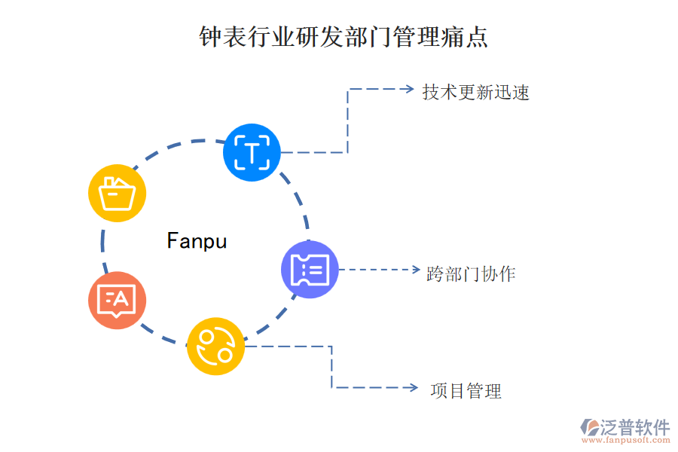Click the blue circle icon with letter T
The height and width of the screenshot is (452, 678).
[252, 152]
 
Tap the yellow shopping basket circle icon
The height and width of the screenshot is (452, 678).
[117, 193]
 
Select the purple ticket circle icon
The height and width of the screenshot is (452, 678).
[310, 269]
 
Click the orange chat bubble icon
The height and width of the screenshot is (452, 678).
[117, 301]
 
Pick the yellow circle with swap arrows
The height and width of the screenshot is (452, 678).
[215, 347]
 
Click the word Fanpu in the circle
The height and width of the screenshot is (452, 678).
[197, 241]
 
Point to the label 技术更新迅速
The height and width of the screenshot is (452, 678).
[475, 93]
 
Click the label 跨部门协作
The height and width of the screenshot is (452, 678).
[471, 273]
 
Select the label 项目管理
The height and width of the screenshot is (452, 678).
[466, 391]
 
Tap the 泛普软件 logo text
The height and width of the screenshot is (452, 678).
[634, 428]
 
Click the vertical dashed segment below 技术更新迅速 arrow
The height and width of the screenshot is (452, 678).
[347, 121]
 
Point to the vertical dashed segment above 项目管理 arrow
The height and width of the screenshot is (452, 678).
[331, 367]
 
